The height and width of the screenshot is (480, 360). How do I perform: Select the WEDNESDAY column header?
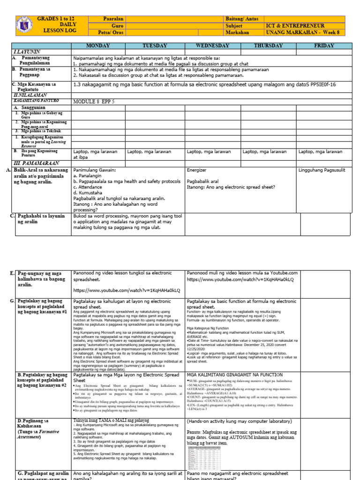pyautogui.click(x=213, y=45)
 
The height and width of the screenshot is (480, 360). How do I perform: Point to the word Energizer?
pyautogui.click(x=196, y=170)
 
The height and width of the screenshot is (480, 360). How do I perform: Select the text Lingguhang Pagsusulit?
pyautogui.click(x=321, y=170)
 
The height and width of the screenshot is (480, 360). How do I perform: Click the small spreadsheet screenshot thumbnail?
pyautogui.click(x=204, y=457)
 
